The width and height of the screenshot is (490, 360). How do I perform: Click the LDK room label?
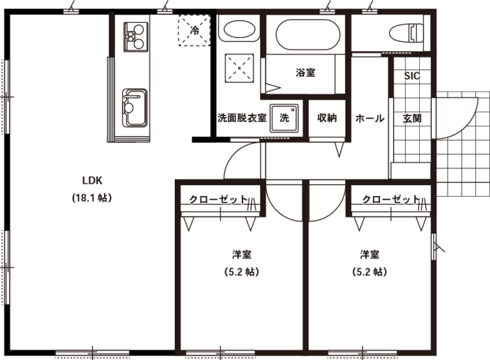click(x=92, y=180)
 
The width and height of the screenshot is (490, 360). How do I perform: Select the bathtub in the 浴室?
click(x=308, y=34)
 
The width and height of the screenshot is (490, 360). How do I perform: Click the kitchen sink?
click(x=135, y=108)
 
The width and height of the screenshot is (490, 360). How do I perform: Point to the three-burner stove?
click(x=136, y=36)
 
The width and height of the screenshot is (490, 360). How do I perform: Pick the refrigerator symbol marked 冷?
click(x=194, y=30)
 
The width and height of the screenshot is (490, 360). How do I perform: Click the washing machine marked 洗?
click(x=285, y=118)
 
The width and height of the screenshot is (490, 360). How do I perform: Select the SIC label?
click(x=412, y=75)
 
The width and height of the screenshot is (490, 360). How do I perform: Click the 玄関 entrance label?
click(x=412, y=119)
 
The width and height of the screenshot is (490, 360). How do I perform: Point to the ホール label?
click(x=369, y=119)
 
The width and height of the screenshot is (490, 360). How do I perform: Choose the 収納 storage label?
click(x=327, y=118)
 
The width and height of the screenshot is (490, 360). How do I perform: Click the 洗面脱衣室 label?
click(x=242, y=118)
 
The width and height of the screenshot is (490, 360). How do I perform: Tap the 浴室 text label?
click(x=306, y=73)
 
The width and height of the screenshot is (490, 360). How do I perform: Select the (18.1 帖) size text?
click(x=92, y=197)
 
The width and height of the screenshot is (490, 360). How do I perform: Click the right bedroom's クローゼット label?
click(x=391, y=199)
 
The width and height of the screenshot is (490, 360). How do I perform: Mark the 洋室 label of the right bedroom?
click(x=369, y=255)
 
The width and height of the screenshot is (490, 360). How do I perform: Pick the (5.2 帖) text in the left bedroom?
click(x=242, y=272)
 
